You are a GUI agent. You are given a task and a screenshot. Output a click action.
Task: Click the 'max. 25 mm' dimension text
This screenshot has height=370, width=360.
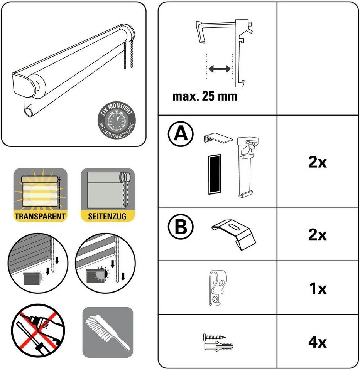[x=205, y=96]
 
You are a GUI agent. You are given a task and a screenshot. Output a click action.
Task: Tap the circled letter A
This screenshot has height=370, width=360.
[x=181, y=134]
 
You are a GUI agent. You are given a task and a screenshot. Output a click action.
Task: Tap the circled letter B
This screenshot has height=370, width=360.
[x=181, y=227]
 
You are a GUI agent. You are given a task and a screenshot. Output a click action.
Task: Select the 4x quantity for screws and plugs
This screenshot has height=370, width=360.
[x=318, y=342]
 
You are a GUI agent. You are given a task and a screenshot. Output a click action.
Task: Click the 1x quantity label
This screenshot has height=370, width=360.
[x=318, y=288]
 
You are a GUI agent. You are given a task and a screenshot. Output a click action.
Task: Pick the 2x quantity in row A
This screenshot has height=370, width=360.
[x=318, y=162]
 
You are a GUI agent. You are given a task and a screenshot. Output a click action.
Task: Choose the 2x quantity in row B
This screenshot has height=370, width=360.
[x=318, y=235]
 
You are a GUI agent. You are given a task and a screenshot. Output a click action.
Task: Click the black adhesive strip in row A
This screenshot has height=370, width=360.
[x=215, y=174]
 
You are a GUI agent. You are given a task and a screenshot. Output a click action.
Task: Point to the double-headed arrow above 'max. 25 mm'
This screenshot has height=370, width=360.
[x=220, y=69]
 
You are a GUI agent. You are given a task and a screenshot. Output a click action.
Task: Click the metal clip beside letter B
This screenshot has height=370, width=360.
[x=234, y=234]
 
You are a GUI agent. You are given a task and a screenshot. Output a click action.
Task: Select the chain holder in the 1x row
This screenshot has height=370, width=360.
[x=217, y=288]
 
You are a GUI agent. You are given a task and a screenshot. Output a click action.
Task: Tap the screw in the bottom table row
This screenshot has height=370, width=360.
[x=214, y=336]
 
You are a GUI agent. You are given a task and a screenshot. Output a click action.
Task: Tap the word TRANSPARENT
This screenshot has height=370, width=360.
[x=40, y=216]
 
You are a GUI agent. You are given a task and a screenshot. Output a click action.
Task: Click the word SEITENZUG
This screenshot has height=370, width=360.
[x=107, y=216]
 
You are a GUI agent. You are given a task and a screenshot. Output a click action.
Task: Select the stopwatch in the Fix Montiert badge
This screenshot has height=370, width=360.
[x=117, y=121]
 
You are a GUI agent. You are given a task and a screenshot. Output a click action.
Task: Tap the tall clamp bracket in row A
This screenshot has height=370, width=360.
[x=248, y=167]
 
